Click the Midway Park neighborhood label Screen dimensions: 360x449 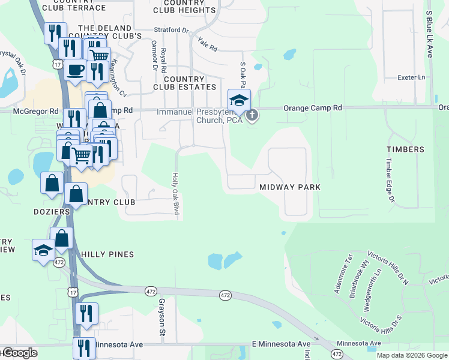pyautogui.click(x=290, y=187)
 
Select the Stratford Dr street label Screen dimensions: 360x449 pyautogui.click(x=170, y=29)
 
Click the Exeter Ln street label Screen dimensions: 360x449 pyautogui.click(x=411, y=77)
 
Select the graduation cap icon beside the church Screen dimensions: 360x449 pyautogui.click(x=239, y=100)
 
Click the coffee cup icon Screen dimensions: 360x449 pyautogui.click(x=75, y=70)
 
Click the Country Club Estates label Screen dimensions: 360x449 pyautogui.click(x=179, y=83)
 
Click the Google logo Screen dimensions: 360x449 pyautogui.click(x=19, y=353)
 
